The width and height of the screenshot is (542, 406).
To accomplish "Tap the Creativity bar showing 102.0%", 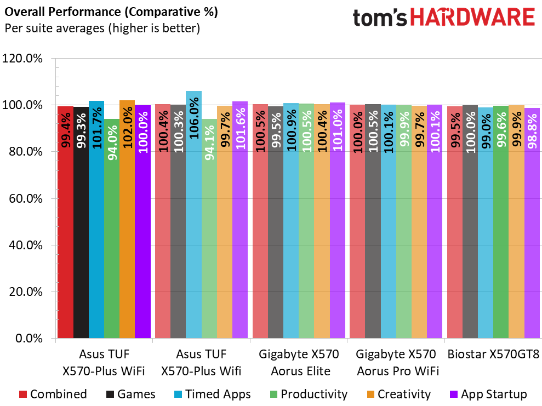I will pos(127,219).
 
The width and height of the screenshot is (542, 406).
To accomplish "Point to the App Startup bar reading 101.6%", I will pos(239,220).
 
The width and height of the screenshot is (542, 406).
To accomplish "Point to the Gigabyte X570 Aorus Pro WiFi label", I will pos(397,363).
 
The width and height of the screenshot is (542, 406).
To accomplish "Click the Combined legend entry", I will pos(54,394).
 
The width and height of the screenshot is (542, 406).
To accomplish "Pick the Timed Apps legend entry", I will pos(212,394).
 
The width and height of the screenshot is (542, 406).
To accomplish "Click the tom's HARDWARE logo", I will pos(444,18).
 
